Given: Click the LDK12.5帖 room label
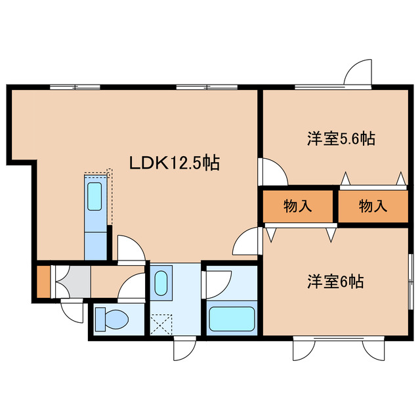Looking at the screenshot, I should (173, 163).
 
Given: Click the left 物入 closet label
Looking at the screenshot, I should (297, 206).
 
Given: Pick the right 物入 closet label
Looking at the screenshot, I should (373, 206).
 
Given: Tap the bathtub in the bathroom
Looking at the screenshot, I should (232, 319).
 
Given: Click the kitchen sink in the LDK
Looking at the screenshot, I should (94, 196).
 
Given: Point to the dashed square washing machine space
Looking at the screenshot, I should (161, 324).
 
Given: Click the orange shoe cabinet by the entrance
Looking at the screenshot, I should (43, 281).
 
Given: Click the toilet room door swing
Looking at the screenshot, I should (133, 287).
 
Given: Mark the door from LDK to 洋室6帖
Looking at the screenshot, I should (247, 241).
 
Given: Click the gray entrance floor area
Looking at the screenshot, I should (69, 281).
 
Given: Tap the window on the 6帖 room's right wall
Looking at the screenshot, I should (411, 279).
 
